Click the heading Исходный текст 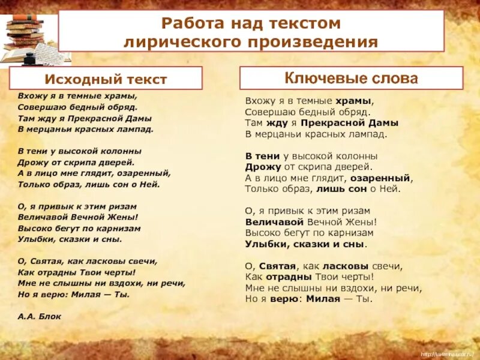point(106,79)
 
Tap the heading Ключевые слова point(351,78)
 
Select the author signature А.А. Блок point(40,316)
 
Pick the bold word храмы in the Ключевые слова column point(353,101)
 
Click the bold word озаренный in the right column point(385,178)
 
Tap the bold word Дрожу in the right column point(259,167)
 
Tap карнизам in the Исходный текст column point(121,228)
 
